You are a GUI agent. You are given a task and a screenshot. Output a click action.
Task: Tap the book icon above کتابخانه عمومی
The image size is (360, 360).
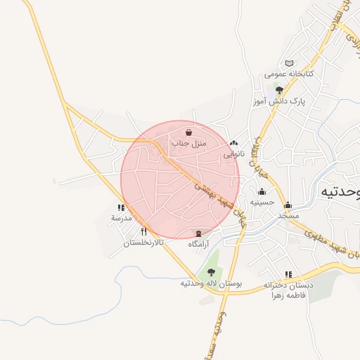289,64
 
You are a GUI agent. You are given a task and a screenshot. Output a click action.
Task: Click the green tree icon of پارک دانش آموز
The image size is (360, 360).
279,90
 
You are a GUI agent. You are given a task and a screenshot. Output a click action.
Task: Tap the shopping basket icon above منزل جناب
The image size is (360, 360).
188,132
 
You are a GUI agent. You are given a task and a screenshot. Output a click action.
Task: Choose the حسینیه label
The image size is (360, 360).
262,202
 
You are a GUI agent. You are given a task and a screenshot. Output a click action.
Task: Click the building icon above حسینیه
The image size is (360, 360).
262,192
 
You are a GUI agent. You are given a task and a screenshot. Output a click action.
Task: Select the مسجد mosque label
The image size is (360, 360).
288,215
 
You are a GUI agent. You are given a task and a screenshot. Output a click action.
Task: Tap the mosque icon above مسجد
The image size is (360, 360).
288,205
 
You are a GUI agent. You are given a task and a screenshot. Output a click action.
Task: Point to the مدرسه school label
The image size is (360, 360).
121,218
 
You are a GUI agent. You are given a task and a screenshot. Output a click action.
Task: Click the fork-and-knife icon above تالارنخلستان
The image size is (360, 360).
143,231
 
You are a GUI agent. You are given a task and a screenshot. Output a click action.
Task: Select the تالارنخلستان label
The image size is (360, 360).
143,243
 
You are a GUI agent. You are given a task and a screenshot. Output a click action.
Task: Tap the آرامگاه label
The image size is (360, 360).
199,244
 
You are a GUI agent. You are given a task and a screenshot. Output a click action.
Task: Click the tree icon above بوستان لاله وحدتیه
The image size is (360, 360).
211,272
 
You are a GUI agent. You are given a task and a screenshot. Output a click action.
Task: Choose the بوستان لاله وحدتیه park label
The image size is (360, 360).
211,283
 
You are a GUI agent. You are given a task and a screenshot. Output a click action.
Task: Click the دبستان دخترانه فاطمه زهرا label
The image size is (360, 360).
287,290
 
